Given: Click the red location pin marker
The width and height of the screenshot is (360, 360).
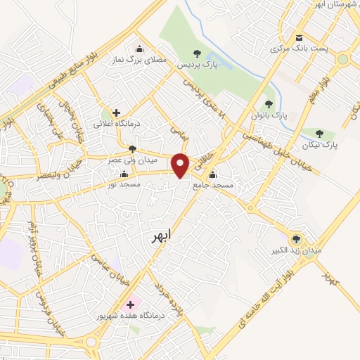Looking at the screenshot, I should [181, 165].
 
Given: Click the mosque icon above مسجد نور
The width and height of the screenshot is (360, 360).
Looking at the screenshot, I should [124, 174].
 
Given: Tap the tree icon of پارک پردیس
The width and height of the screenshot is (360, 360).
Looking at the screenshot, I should [197, 54].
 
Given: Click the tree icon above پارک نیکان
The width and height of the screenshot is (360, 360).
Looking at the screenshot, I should [320, 133].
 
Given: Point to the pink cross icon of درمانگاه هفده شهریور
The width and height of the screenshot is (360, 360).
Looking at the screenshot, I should [129, 305].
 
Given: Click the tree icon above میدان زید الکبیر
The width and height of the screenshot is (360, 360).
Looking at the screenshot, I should [295, 239].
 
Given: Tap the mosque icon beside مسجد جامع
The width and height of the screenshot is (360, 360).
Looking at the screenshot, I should [212, 174].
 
